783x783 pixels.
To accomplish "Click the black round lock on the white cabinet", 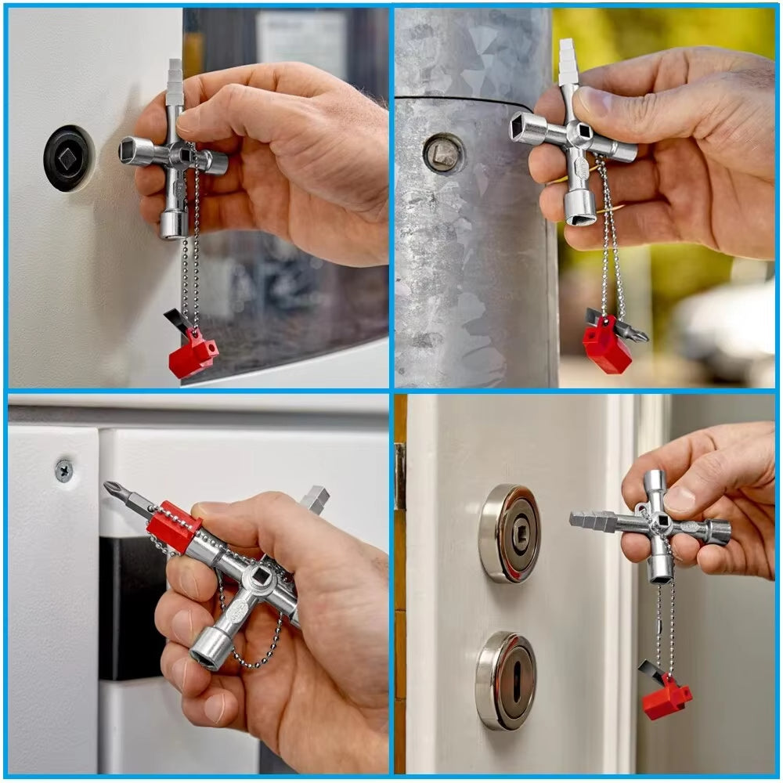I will click(68, 158).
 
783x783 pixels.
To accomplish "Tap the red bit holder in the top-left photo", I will click(192, 355).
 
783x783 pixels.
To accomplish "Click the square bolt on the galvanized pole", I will click(443, 153).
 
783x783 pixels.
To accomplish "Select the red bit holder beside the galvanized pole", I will click(606, 346).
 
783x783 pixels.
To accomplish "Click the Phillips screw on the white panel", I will click(64, 470).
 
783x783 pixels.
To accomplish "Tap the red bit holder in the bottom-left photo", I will click(174, 526).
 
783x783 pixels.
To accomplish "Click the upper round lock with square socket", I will click(509, 533).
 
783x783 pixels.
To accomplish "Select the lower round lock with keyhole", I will click(506, 680).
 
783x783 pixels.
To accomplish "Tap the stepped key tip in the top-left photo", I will click(175, 78).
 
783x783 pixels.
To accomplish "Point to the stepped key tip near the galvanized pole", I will click(568, 63).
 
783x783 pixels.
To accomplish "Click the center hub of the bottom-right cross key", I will click(659, 523).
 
